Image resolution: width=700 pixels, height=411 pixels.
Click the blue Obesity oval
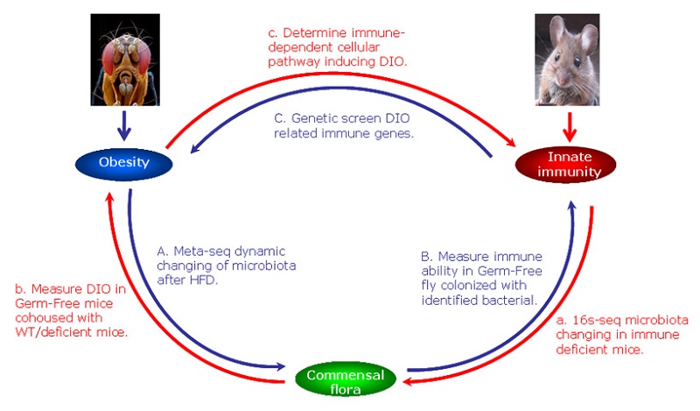[x=124, y=163]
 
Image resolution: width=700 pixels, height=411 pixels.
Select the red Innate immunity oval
[x=575, y=165]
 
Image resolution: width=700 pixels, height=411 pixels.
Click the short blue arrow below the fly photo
[x=124, y=128]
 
